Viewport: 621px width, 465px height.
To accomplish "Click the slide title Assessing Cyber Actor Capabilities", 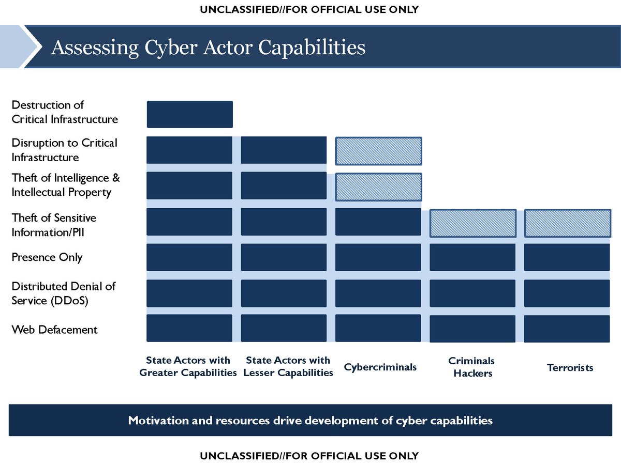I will [208, 48].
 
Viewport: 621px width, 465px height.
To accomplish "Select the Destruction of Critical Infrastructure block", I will [189, 114].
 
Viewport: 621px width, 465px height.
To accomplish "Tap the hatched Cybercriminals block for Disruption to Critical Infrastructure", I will [378, 150].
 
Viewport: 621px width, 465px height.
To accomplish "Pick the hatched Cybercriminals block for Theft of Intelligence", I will [378, 187].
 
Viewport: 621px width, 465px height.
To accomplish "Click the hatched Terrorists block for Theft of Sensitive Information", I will [567, 223].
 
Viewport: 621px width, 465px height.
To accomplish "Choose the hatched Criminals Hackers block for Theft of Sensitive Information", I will [472, 223].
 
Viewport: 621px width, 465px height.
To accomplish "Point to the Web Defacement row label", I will [54, 329].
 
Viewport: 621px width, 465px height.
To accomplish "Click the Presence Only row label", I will [47, 257].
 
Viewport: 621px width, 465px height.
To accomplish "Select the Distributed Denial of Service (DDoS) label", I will [64, 293].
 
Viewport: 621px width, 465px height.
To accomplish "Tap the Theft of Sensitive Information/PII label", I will [54, 225].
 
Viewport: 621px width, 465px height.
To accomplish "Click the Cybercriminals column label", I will [380, 367].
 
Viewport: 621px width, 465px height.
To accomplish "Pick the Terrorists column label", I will [570, 367].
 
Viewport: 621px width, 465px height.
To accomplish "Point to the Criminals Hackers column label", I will [472, 367].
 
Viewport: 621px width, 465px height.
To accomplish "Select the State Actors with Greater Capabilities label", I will [188, 366].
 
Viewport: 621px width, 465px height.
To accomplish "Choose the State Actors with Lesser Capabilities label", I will [288, 366].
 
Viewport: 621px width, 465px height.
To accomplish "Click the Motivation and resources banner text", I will [310, 420].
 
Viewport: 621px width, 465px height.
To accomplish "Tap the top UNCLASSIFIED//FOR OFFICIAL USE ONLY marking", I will [309, 9].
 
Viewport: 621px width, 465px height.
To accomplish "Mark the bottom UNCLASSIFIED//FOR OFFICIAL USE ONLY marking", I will [309, 456].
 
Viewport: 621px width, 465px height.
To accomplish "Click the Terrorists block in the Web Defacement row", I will [567, 329].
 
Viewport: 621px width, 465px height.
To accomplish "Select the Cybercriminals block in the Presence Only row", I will [378, 257].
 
